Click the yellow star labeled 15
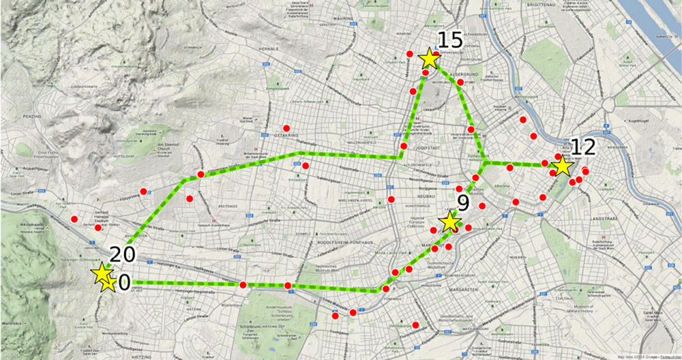[429, 59]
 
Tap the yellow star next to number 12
[561, 166]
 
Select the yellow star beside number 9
[449, 222]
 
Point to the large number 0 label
[124, 282]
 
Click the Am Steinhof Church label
[167, 148]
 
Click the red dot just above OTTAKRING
[286, 127]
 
